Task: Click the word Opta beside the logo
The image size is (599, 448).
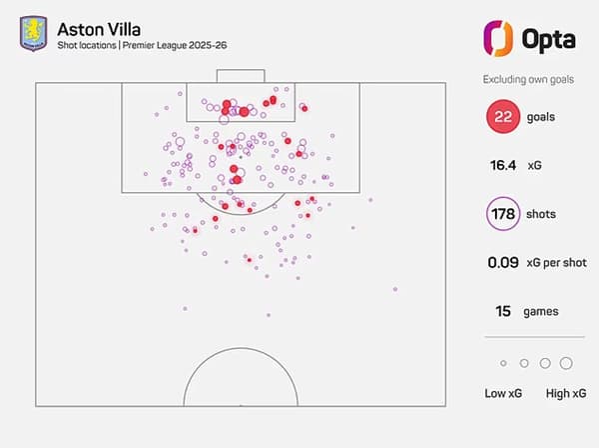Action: click(549, 40)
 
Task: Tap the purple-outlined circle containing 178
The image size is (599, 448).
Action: click(505, 215)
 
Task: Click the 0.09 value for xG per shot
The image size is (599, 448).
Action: click(502, 263)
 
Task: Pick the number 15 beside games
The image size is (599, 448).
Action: click(504, 311)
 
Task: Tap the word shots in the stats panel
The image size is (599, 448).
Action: click(543, 215)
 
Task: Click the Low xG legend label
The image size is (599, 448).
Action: click(503, 394)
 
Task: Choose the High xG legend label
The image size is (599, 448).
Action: click(566, 394)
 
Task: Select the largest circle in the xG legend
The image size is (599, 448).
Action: click(566, 363)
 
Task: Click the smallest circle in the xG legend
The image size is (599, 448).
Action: click(503, 363)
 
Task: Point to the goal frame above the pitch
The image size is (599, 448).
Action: click(241, 76)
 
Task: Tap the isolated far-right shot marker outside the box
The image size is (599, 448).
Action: click(395, 290)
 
